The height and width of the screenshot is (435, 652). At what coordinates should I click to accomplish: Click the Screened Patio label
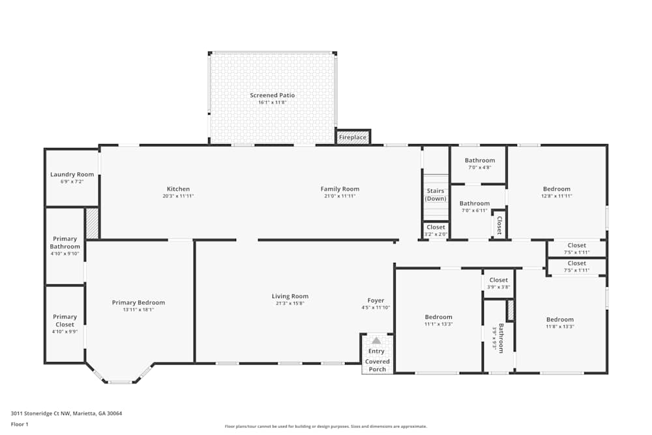coord(272,95)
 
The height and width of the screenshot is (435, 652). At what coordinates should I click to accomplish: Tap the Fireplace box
coord(353,137)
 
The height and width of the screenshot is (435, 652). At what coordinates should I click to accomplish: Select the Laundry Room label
coord(72,174)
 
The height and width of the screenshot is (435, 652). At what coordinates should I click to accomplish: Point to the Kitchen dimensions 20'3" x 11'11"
coord(178,196)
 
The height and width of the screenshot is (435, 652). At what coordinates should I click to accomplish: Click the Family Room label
coord(340,189)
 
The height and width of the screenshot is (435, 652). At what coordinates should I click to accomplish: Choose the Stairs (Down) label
coord(436,194)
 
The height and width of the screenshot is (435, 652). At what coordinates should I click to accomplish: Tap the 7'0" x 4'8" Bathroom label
coord(479,160)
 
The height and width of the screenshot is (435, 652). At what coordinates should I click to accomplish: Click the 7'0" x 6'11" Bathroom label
coord(474,203)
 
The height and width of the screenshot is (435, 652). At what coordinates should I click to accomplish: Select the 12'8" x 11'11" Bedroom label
coord(556,189)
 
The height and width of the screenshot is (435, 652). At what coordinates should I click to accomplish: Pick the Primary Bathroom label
coord(65,243)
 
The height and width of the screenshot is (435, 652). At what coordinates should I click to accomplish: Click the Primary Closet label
coord(65,320)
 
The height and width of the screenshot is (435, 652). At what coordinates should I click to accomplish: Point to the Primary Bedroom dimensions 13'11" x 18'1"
coord(138,310)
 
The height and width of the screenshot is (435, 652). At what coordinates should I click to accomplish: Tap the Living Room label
coord(290,296)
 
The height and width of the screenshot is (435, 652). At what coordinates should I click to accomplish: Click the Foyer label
coord(376,301)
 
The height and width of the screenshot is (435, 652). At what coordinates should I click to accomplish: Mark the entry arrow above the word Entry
coord(376,340)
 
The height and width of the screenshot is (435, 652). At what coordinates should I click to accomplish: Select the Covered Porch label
coord(378,365)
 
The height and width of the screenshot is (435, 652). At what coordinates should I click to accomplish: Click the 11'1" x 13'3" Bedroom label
coord(438,317)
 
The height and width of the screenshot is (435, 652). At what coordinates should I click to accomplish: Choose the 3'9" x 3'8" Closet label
coord(499,280)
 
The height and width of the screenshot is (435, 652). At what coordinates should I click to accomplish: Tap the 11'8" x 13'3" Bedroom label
coord(559,320)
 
